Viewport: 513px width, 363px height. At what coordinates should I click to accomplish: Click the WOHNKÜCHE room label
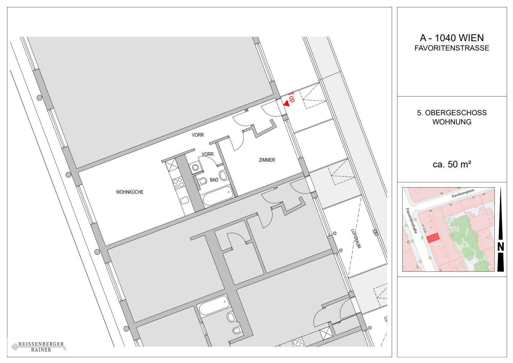pos(130,192)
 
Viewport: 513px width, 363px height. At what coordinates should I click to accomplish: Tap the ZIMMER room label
pos(267,160)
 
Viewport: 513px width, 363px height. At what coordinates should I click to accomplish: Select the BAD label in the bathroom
pos(214,180)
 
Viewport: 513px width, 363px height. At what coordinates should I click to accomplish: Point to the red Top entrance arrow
pos(286,104)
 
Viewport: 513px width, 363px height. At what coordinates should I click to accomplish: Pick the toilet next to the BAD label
pos(203,182)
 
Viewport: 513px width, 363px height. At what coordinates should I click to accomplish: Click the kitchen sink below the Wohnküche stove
pos(184,201)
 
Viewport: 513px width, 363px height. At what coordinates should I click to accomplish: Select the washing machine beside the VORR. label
pos(196,168)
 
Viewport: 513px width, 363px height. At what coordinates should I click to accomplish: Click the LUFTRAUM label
pos(356,239)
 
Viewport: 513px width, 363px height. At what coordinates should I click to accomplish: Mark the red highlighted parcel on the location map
pos(433,238)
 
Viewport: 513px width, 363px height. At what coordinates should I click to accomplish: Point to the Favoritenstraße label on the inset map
pos(412,220)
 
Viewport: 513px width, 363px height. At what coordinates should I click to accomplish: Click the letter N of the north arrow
pos(501,247)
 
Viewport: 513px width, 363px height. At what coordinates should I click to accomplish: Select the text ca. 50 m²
pos(452,165)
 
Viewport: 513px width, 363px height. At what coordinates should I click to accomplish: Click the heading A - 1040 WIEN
pos(452,38)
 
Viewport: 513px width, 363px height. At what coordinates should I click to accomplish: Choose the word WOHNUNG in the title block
pos(452,122)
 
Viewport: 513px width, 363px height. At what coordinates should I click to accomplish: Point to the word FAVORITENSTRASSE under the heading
pos(452,48)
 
